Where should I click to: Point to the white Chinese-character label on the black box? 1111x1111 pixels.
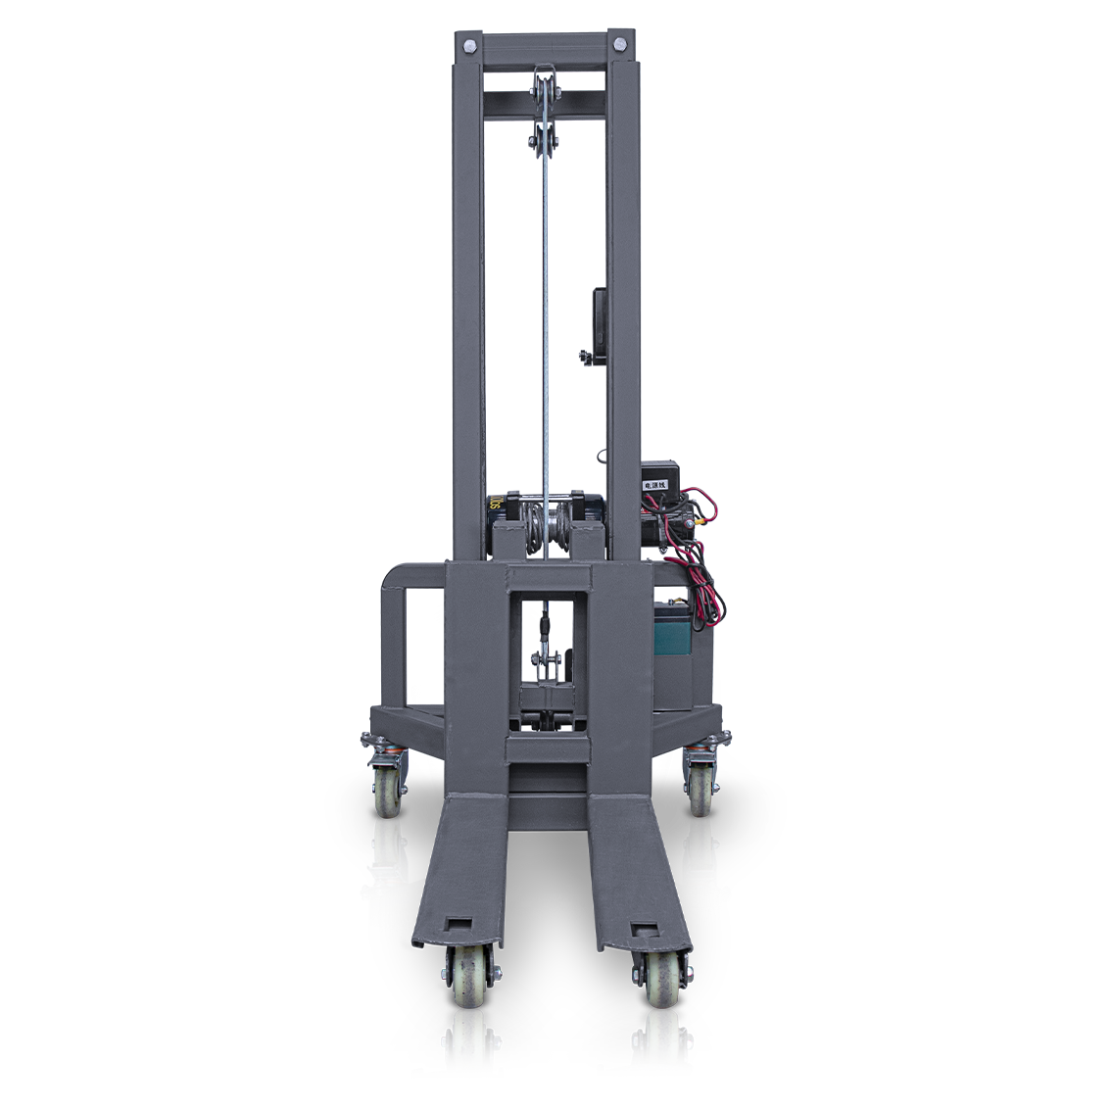point(653,484)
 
